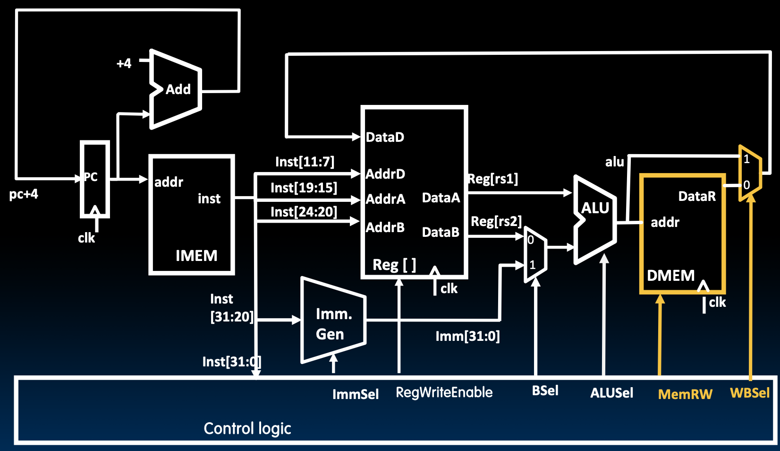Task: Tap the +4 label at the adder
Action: pyautogui.click(x=124, y=63)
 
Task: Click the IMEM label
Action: pyautogui.click(x=196, y=256)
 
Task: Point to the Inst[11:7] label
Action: pyautogui.click(x=305, y=162)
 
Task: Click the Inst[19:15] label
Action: pyautogui.click(x=304, y=188)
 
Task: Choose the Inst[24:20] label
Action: pyautogui.click(x=304, y=212)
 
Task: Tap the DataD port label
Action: pyautogui.click(x=385, y=138)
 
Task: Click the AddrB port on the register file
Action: pyautogui.click(x=385, y=228)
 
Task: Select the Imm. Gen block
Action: pyautogui.click(x=334, y=324)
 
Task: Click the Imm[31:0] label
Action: pyautogui.click(x=467, y=337)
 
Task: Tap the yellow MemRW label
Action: pyautogui.click(x=685, y=394)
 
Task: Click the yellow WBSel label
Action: pyautogui.click(x=749, y=393)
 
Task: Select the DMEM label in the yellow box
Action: pyautogui.click(x=670, y=276)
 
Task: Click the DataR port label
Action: pyautogui.click(x=697, y=197)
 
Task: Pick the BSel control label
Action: pyautogui.click(x=545, y=391)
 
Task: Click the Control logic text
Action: pyautogui.click(x=247, y=428)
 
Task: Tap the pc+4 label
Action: pyautogui.click(x=24, y=194)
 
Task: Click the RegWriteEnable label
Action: pyautogui.click(x=444, y=392)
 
